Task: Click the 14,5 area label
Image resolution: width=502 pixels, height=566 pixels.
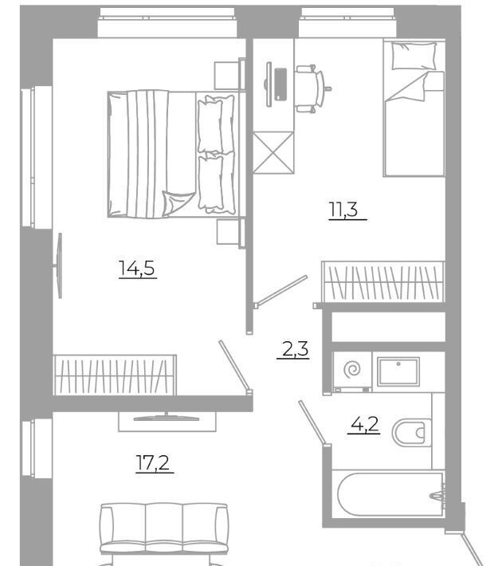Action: [137, 269]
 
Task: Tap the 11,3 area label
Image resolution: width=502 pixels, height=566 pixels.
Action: [343, 210]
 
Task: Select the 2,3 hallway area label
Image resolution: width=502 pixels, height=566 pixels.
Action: [295, 349]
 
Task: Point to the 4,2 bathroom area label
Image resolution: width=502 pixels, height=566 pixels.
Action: [365, 424]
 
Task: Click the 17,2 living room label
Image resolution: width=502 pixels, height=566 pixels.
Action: [153, 462]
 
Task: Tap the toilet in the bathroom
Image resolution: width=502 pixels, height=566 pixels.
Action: [411, 432]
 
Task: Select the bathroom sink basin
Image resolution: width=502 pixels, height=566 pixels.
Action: [398, 371]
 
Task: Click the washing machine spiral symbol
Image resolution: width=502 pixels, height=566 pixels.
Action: [352, 370]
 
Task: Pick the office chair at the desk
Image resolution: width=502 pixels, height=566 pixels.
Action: [311, 88]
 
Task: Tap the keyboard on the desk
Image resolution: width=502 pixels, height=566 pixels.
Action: [280, 85]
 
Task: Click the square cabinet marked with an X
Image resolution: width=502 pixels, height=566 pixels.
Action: [273, 153]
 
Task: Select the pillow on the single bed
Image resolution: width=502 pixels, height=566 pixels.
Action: [414, 56]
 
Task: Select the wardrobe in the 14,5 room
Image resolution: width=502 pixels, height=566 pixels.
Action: [115, 375]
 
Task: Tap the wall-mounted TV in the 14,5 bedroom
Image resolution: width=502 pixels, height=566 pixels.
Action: [60, 265]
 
